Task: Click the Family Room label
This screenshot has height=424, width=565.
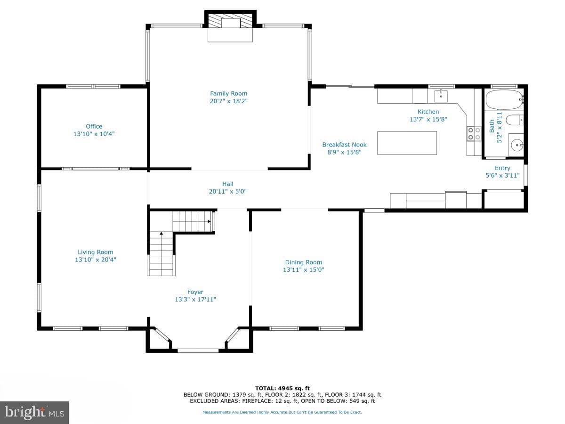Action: (x=228, y=93)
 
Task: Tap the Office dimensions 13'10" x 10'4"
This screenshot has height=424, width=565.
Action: (x=94, y=134)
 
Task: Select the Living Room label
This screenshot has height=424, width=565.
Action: (x=96, y=252)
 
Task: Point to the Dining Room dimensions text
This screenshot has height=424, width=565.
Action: (x=304, y=269)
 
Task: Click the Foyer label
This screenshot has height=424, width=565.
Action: (x=195, y=292)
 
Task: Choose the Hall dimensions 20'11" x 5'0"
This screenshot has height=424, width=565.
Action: (x=228, y=191)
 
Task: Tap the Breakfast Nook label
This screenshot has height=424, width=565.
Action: (x=344, y=145)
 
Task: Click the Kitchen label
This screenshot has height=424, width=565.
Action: (x=428, y=112)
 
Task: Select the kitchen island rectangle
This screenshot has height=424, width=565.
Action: (x=407, y=143)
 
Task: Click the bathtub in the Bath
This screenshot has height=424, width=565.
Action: (x=504, y=99)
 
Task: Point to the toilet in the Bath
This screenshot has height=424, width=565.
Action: (x=515, y=120)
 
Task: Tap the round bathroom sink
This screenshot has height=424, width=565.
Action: (x=517, y=145)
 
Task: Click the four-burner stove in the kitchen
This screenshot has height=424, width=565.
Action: (x=474, y=134)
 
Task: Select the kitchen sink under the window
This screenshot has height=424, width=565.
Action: (x=441, y=96)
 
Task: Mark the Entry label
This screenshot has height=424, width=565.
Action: (x=502, y=168)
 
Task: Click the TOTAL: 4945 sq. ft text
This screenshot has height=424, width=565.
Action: (x=282, y=388)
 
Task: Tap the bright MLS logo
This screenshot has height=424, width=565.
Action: (x=34, y=412)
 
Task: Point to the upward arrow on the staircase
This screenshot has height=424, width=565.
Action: (x=161, y=233)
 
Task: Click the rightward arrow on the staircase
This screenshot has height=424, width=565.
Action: (x=209, y=221)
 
